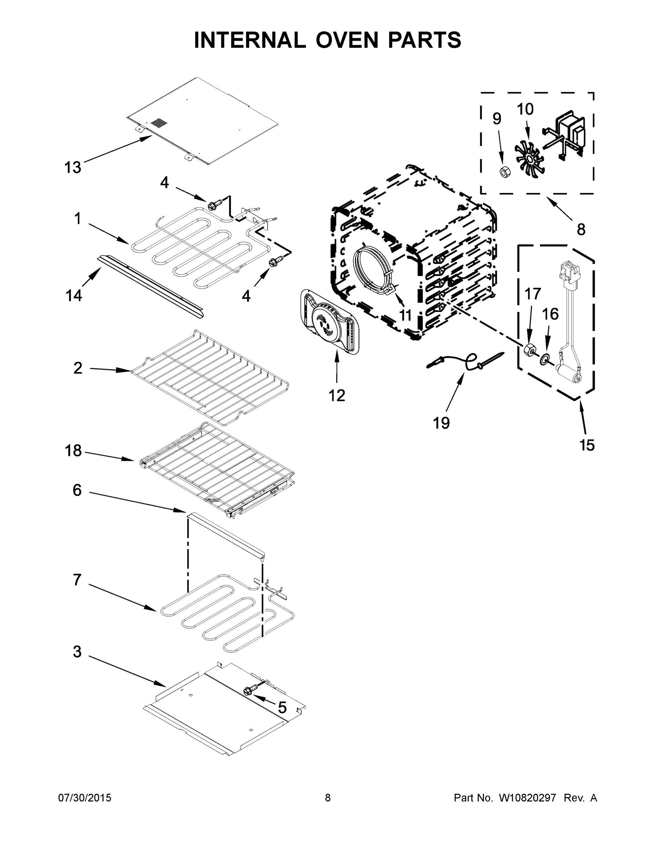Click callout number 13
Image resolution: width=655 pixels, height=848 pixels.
pyautogui.click(x=73, y=167)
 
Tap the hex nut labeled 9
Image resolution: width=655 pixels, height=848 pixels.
pyautogui.click(x=504, y=171)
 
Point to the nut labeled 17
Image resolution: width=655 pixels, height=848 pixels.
pyautogui.click(x=529, y=349)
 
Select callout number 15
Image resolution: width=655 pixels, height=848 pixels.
pyautogui.click(x=587, y=445)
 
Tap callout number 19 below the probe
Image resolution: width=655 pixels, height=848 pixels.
pyautogui.click(x=441, y=423)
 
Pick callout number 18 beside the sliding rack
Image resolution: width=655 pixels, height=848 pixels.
pyautogui.click(x=73, y=451)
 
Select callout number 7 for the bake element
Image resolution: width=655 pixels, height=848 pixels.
pyautogui.click(x=77, y=580)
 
